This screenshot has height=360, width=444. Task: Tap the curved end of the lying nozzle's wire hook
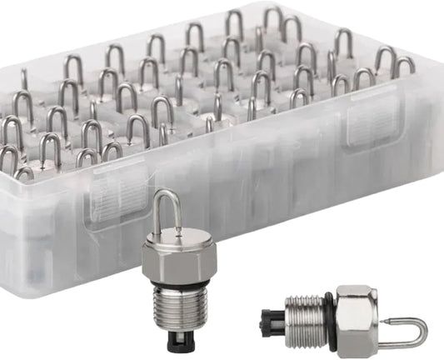(424, 331)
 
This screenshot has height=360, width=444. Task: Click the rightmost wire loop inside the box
(404, 65)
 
